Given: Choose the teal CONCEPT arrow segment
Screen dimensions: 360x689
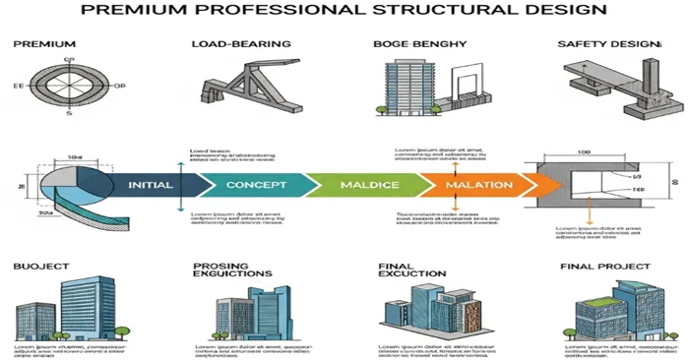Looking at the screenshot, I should tap(256, 185).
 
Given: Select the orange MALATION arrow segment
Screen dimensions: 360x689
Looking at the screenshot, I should tap(478, 185).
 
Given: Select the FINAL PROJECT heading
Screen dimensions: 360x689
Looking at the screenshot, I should tap(604, 268).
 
